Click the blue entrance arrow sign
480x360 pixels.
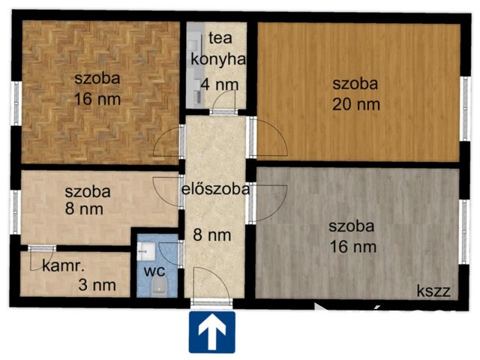pos(212,331)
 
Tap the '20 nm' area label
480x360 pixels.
pos(356,104)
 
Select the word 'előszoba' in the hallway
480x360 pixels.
pos(215,189)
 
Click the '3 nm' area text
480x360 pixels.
pos(97,284)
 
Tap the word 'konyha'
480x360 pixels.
pos(218,61)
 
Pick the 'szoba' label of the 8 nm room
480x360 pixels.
pos(87,192)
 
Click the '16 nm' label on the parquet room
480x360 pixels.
pos(97,98)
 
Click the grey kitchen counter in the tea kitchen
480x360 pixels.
pos(194,67)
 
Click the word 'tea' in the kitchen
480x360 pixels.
pos(218,37)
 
